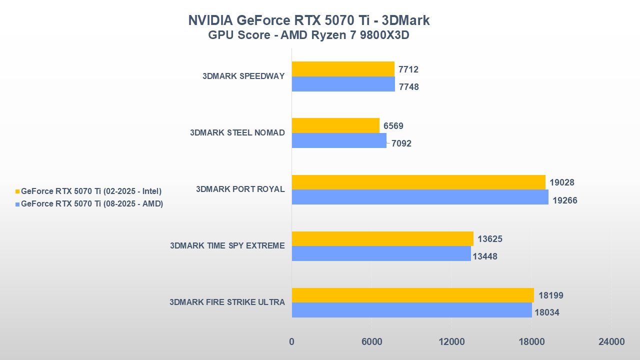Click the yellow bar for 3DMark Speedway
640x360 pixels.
click(x=343, y=69)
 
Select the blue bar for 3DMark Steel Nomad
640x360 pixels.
click(x=339, y=140)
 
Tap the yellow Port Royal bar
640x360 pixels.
click(x=418, y=182)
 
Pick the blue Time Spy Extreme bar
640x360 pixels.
click(x=381, y=253)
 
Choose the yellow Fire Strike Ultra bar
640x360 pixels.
click(x=412, y=295)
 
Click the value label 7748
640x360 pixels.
click(x=409, y=87)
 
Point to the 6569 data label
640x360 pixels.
click(x=393, y=126)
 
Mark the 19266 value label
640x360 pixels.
click(x=565, y=200)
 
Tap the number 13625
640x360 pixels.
click(x=490, y=239)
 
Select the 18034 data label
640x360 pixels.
click(x=547, y=313)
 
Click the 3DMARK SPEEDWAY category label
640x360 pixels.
click(x=243, y=76)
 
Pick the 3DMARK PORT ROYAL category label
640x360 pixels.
click(x=240, y=189)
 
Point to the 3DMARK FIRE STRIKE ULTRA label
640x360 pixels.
click(x=227, y=302)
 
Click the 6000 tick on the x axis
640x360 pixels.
click(x=371, y=342)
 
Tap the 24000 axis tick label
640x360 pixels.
click(x=611, y=342)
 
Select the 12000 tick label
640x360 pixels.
click(x=451, y=342)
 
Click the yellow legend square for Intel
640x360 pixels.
click(x=17, y=191)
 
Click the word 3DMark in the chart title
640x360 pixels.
click(x=405, y=20)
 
